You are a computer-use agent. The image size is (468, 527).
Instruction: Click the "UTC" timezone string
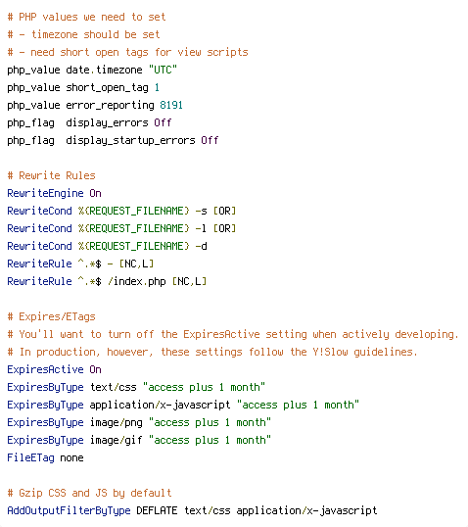(x=163, y=70)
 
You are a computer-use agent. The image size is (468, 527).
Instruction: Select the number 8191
(x=171, y=105)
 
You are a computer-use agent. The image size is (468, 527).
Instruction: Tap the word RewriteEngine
(x=45, y=193)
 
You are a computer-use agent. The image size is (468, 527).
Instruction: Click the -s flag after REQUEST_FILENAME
(x=201, y=211)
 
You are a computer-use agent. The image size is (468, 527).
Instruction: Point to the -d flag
(x=201, y=246)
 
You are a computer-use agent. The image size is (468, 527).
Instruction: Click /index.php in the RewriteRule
(x=137, y=281)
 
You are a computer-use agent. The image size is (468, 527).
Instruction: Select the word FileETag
(x=30, y=457)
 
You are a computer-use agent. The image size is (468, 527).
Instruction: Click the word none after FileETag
(x=71, y=458)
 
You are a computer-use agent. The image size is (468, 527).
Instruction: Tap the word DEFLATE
(x=157, y=510)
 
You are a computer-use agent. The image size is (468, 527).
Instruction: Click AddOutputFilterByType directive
(x=69, y=511)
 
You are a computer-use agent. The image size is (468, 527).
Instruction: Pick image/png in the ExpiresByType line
(x=117, y=422)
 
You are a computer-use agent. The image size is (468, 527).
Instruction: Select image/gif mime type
(x=117, y=440)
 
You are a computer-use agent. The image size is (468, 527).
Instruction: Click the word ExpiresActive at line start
(x=45, y=369)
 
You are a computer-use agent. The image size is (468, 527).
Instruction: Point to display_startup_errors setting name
(x=130, y=140)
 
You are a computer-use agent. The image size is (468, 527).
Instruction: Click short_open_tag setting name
(x=107, y=88)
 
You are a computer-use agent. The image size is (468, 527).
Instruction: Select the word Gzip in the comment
(x=30, y=493)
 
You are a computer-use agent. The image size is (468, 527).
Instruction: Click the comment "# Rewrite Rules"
(x=52, y=175)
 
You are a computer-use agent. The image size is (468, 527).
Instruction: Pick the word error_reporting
(x=110, y=105)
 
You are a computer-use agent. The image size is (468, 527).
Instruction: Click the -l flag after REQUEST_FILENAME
(x=201, y=228)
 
